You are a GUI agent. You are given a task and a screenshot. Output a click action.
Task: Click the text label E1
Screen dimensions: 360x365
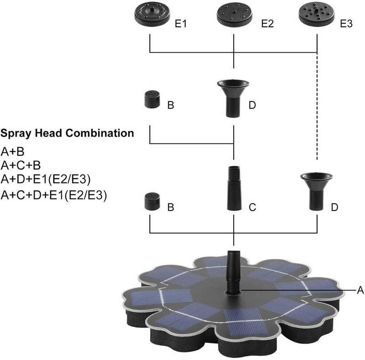click(x=181, y=24)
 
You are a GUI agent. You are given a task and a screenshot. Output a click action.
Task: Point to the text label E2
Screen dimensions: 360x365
click(x=267, y=24)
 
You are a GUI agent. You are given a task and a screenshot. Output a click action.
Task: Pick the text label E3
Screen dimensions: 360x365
click(x=347, y=24)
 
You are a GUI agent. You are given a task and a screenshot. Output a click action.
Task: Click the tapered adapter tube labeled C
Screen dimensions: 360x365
click(x=234, y=188)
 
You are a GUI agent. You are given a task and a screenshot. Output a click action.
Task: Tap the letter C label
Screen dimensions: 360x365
click(x=252, y=208)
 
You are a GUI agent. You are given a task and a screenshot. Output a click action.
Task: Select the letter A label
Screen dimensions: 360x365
click(x=360, y=290)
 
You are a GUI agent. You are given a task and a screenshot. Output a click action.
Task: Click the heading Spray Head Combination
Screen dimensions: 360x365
click(x=67, y=134)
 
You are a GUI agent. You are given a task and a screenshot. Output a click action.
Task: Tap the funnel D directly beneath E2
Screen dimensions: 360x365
click(x=234, y=96)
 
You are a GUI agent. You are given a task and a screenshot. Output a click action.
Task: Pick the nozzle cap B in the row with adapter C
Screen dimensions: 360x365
click(x=151, y=201)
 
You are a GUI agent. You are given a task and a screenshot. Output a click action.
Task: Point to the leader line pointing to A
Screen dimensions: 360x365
click(x=297, y=290)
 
